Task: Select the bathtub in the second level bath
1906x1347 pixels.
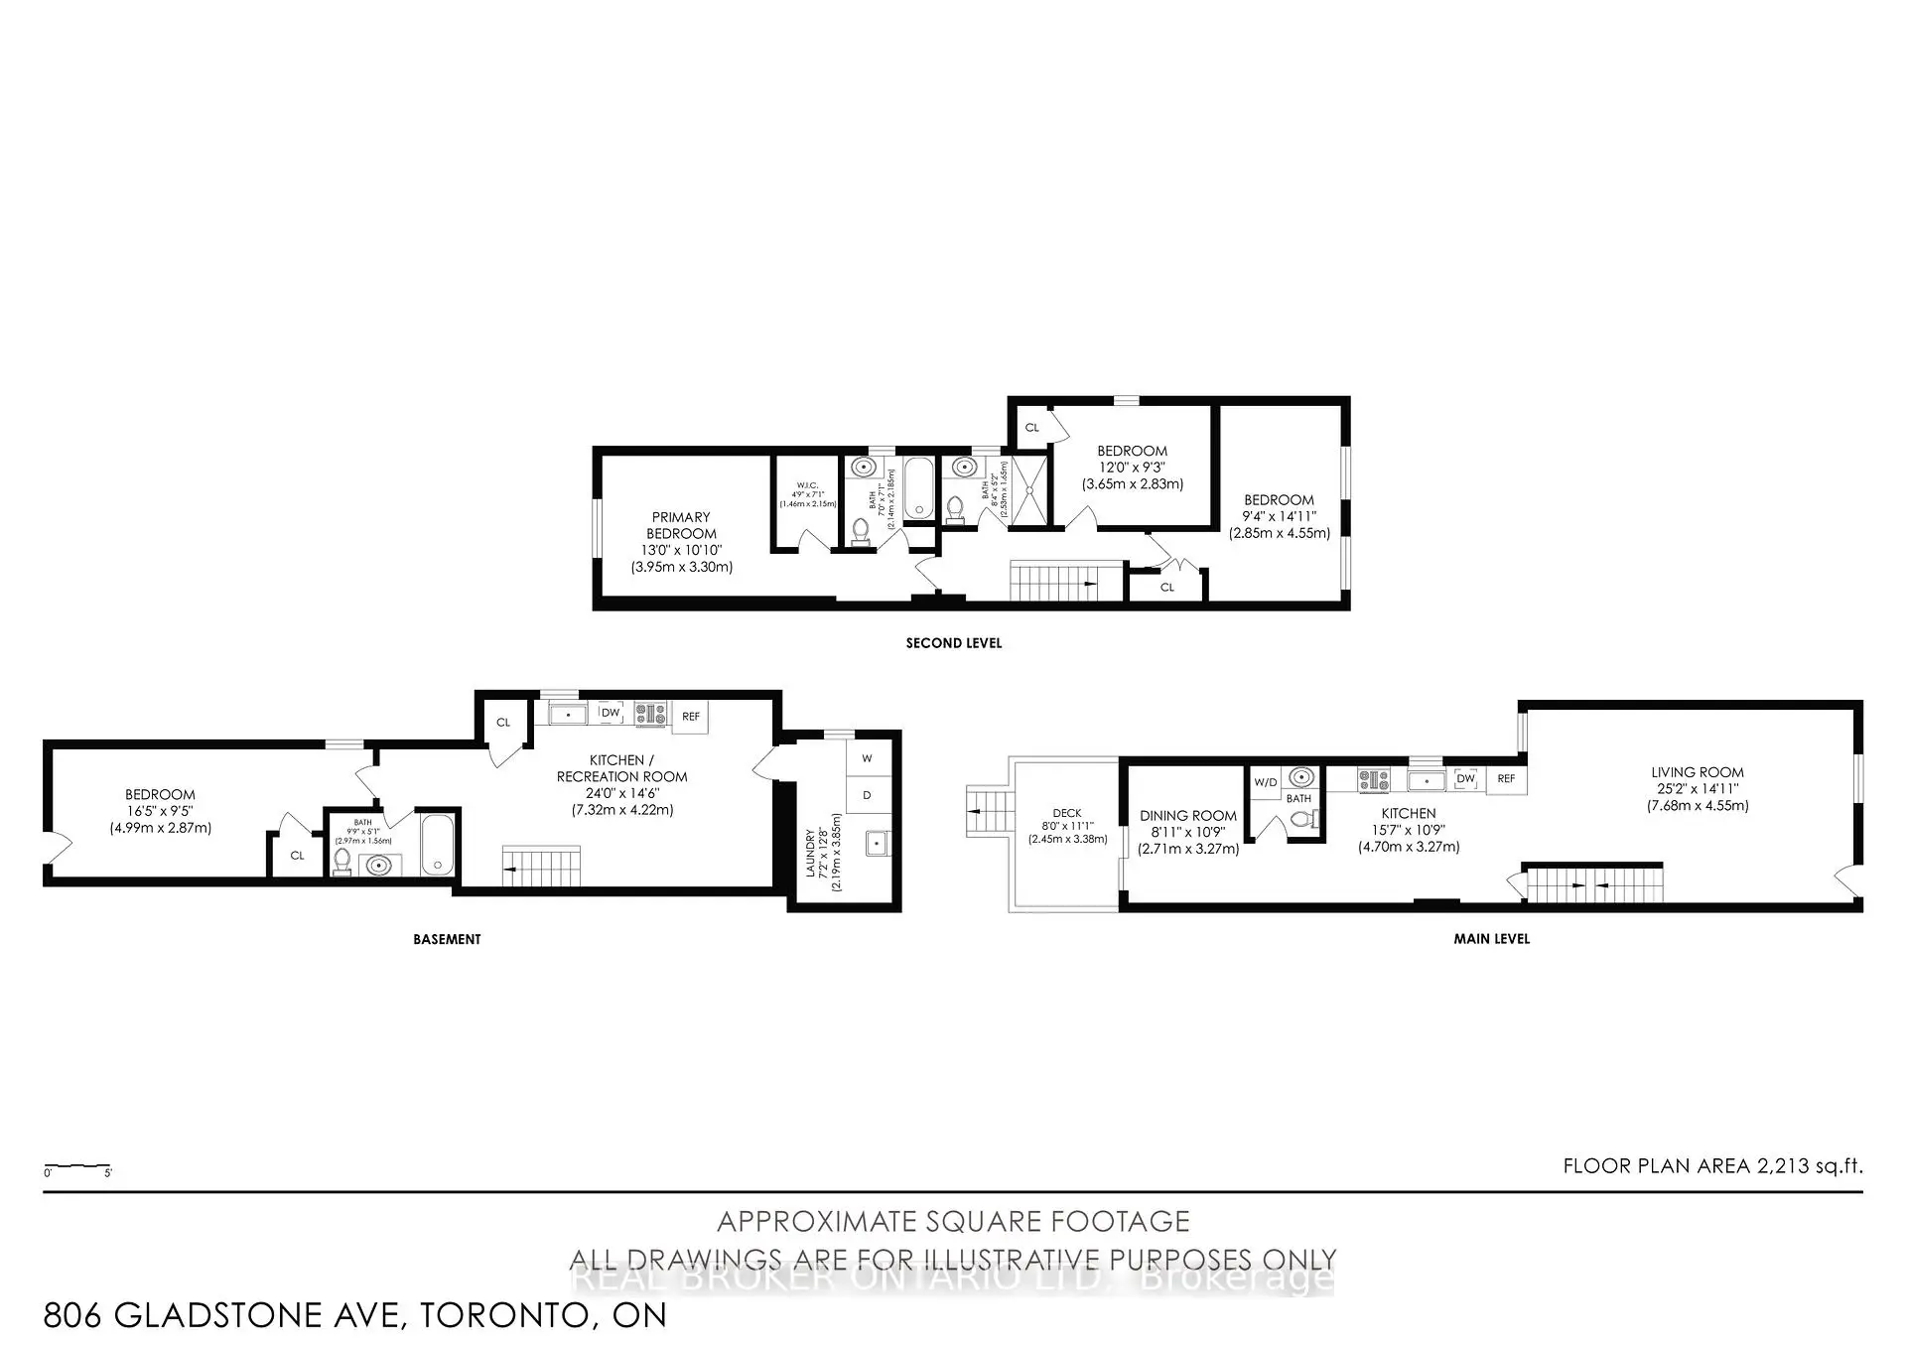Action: [x=918, y=486]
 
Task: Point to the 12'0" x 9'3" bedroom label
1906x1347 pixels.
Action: [x=1132, y=467]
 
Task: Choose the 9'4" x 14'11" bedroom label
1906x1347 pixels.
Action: [x=1279, y=516]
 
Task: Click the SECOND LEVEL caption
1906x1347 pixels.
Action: [x=953, y=643]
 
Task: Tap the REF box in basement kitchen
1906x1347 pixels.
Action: [x=691, y=717]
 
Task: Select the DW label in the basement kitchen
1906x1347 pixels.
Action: [x=611, y=713]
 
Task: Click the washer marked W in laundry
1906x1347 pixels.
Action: [x=867, y=758]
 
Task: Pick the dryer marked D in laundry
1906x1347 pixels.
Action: [x=867, y=795]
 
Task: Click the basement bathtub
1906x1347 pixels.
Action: [x=438, y=844]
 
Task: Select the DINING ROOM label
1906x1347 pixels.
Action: [x=1188, y=832]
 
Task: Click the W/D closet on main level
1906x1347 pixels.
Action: [x=1265, y=782]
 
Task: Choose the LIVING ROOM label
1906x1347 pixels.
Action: [x=1698, y=788]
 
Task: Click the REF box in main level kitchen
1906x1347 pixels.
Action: [x=1506, y=779]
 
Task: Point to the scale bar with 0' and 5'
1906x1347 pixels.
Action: [x=77, y=1167]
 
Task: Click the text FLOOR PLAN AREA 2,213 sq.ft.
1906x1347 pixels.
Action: [x=1712, y=1166]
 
